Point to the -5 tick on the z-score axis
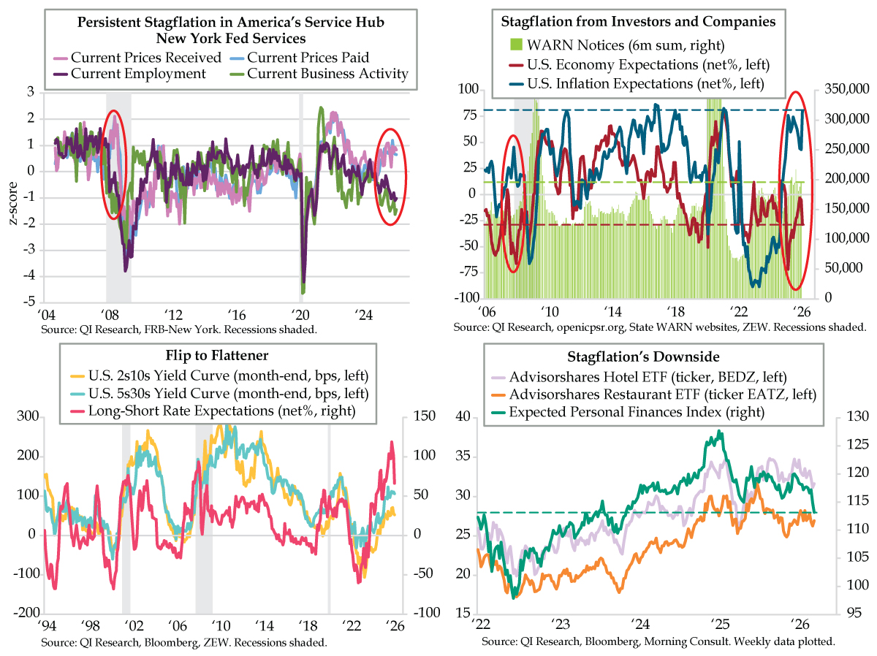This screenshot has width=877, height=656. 31,302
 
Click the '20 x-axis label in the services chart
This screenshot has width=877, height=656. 300,314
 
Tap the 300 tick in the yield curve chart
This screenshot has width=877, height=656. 27,416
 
